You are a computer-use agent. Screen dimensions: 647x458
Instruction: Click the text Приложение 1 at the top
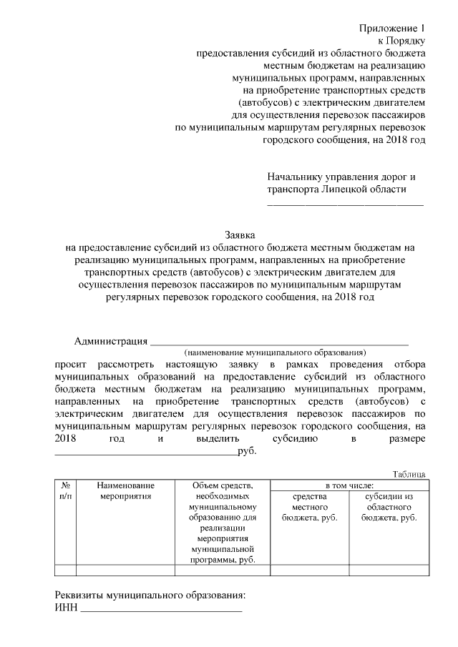coord(392,28)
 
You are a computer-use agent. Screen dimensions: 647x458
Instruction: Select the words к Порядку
coord(402,41)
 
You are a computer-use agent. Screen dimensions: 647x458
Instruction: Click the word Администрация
coord(111,340)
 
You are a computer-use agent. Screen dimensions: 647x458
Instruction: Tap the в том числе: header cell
coord(349,485)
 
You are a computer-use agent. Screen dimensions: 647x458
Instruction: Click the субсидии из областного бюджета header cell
coord(389,506)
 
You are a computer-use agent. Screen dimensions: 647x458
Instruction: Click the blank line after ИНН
coord(161,611)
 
